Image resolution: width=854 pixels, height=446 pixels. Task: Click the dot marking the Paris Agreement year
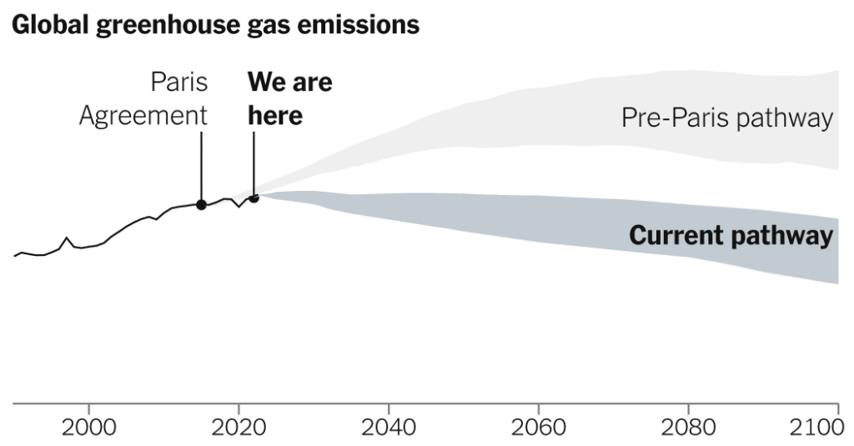tap(201, 204)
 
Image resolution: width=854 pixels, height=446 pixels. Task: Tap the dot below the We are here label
tap(254, 198)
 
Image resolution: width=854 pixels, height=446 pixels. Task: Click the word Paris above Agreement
tap(179, 83)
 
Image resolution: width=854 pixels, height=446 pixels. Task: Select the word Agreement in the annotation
tap(143, 116)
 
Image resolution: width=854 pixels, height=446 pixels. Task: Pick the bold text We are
tap(289, 83)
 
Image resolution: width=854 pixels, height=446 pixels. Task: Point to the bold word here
tap(275, 116)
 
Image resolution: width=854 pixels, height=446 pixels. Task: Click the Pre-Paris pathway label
tap(727, 118)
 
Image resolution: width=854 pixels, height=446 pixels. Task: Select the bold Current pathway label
tap(731, 236)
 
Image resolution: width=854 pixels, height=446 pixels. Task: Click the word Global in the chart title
tap(51, 25)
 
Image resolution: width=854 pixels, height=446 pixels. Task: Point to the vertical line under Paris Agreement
tap(201, 167)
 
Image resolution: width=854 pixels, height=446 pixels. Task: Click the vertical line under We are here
tap(254, 163)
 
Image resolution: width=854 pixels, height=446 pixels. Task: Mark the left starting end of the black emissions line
tap(15, 256)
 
